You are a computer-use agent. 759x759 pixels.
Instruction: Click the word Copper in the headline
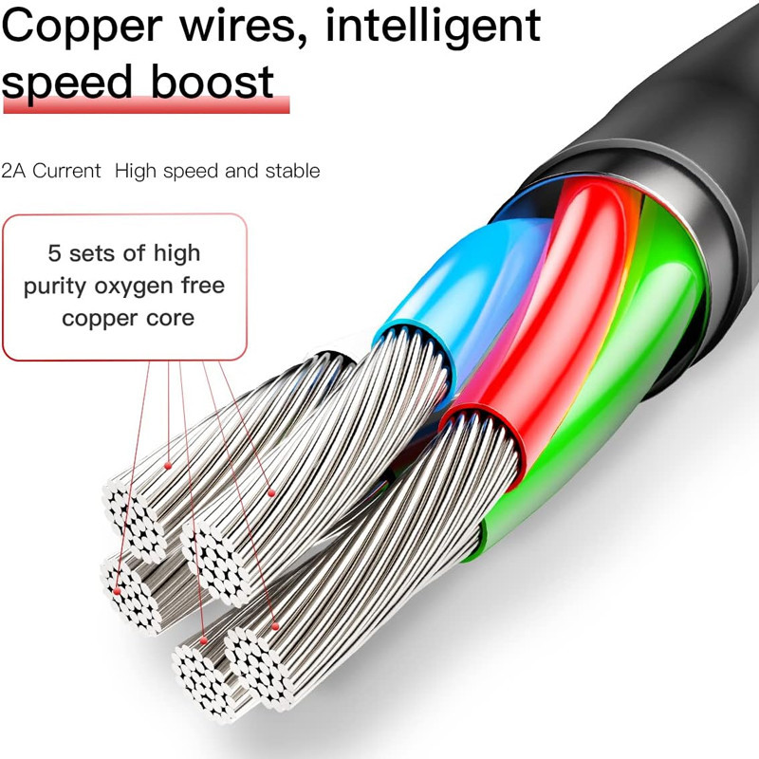pos(82,28)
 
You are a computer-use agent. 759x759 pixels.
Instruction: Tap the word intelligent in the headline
pos(434,28)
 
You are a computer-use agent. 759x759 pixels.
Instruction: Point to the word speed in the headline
pos(66,83)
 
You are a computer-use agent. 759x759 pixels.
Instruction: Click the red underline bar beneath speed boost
pos(146,105)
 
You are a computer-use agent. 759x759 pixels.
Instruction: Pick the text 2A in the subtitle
pos(13,171)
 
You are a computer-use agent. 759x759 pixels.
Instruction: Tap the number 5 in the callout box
pos(54,253)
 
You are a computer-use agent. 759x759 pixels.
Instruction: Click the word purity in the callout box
pos(55,287)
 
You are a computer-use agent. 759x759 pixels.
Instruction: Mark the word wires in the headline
pos(238,28)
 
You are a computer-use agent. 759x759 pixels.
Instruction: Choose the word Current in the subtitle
pos(66,171)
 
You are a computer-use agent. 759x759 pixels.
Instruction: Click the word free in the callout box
pos(203,286)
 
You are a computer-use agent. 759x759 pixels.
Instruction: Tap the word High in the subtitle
pos(136,171)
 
